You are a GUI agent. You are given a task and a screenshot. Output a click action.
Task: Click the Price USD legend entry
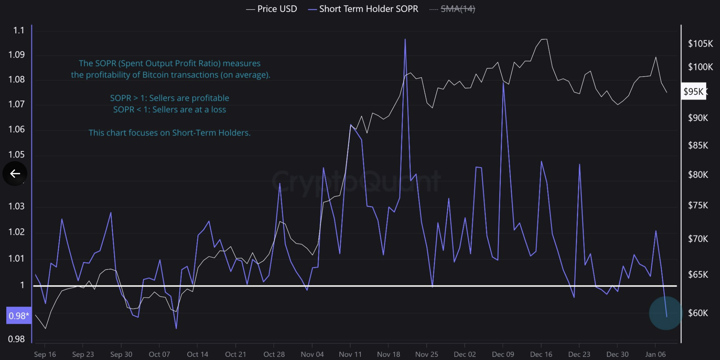272,9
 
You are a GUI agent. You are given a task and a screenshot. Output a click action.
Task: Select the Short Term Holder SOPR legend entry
363,9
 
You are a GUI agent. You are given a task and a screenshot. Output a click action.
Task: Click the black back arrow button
15,174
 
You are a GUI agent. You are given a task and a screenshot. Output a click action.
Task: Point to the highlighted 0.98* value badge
19,316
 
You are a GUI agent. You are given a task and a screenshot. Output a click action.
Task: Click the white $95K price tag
693,91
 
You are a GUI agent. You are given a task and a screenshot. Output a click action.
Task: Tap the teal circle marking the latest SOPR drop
665,313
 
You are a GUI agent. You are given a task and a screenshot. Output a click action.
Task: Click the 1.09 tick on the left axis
17,55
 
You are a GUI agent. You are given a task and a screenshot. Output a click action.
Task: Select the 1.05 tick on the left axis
17,155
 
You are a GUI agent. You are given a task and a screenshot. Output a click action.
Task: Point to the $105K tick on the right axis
700,44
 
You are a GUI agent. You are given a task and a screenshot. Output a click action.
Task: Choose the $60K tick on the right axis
698,313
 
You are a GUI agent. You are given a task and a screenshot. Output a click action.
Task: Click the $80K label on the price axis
698,175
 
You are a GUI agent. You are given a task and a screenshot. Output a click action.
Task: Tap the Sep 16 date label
45,354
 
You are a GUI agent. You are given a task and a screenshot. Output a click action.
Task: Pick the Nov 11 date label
350,354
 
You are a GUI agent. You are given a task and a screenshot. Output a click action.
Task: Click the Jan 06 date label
655,354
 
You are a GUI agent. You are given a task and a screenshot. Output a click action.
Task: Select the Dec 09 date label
503,354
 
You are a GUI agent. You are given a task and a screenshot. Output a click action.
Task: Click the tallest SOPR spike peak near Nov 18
405,39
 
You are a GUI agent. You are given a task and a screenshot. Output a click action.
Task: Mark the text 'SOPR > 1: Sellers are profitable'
169,98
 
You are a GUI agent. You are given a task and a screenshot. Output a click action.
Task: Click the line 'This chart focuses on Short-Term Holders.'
169,133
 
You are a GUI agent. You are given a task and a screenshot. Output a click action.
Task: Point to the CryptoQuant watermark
356,181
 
